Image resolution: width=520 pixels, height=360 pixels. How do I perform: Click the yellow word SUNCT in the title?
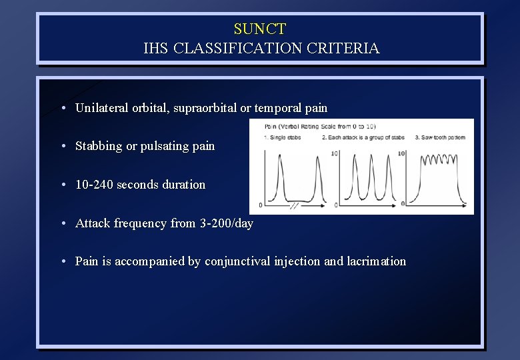pyautogui.click(x=260, y=29)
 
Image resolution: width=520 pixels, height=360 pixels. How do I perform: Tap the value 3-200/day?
pyautogui.click(x=226, y=223)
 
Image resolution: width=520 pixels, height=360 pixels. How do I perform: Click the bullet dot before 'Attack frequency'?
pyautogui.click(x=61, y=224)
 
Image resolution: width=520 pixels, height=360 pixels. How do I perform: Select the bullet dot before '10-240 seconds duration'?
pyautogui.click(x=61, y=185)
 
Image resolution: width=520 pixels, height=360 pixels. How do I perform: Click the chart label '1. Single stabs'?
pyautogui.click(x=283, y=138)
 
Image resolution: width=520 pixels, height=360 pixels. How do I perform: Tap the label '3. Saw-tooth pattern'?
pyautogui.click(x=440, y=138)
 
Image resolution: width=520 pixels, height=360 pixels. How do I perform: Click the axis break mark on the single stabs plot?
pyautogui.click(x=293, y=205)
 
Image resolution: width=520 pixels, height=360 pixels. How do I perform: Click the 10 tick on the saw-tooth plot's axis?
pyautogui.click(x=401, y=153)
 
